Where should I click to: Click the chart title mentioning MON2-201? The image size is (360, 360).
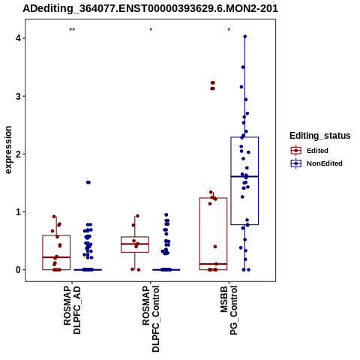(150, 8)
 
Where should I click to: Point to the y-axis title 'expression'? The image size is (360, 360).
(8, 150)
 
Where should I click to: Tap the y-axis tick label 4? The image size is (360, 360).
(18, 38)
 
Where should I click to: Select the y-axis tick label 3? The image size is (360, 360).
(18, 96)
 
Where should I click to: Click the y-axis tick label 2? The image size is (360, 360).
(18, 154)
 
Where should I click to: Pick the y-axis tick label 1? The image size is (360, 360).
(18, 212)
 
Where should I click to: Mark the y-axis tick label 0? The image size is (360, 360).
(18, 270)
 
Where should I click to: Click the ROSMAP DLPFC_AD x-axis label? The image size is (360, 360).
(72, 310)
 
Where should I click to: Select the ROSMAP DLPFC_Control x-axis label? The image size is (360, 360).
(151, 319)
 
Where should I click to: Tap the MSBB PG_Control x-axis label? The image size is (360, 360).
(229, 310)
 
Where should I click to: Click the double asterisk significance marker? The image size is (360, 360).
(72, 30)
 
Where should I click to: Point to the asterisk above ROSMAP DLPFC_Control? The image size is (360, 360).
(151, 29)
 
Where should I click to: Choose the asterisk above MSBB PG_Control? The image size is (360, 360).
(229, 29)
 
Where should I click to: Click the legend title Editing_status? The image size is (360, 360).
(320, 136)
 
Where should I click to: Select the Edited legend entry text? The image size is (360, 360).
(317, 151)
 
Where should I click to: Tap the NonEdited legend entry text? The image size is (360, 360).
(325, 163)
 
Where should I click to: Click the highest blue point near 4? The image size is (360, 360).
(245, 37)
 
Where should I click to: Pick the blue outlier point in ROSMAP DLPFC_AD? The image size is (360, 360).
(88, 182)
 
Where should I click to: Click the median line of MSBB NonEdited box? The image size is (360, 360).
(244, 176)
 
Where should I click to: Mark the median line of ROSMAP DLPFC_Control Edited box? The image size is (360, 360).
(135, 244)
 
